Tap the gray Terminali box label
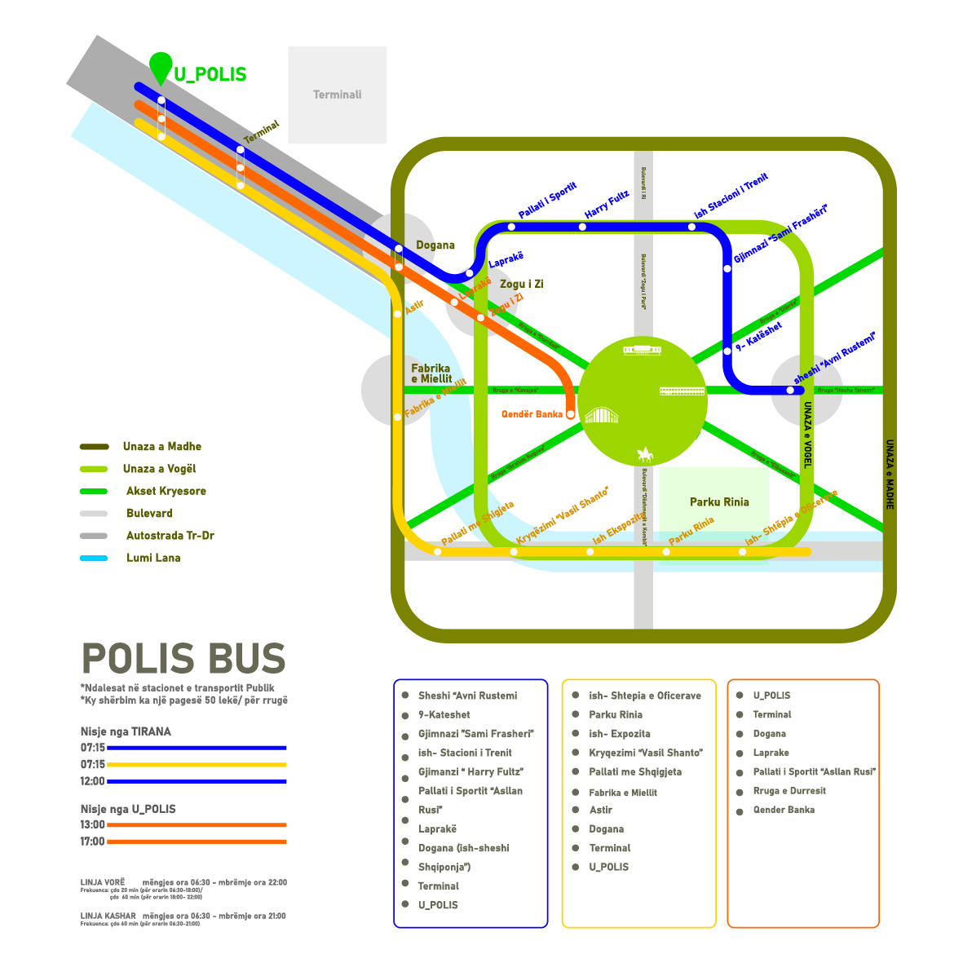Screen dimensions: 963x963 [337, 95]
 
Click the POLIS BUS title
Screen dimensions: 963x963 [183, 659]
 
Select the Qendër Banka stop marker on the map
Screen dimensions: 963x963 [570, 414]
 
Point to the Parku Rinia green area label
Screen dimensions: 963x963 [718, 502]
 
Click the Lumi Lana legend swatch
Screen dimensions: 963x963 [94, 559]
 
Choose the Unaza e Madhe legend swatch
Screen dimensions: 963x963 [94, 447]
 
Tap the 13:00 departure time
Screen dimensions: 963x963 [92, 824]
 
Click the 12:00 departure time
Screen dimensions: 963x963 [92, 781]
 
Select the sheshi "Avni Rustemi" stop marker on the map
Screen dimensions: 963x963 [789, 390]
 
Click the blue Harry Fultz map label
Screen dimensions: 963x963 [607, 204]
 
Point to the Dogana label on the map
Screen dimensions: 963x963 [435, 245]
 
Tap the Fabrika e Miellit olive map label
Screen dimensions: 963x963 [431, 373]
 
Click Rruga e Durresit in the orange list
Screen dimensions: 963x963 [789, 791]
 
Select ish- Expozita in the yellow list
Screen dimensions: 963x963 [619, 734]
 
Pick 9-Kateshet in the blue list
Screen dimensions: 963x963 [444, 714]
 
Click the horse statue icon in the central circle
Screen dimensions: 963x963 [645, 454]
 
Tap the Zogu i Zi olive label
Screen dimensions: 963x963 [521, 285]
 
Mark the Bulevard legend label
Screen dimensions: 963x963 [149, 514]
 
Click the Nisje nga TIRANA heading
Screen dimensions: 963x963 [126, 731]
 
